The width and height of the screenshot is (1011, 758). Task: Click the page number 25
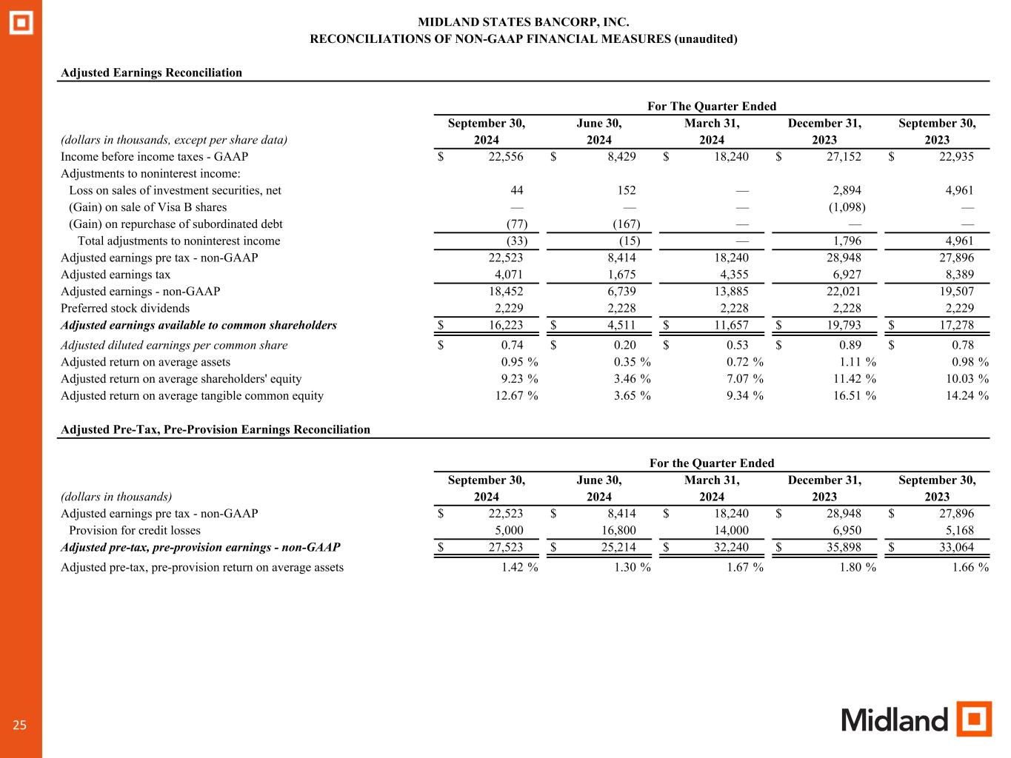pyautogui.click(x=19, y=725)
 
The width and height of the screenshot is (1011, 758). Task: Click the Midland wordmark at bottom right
pyautogui.click(x=894, y=720)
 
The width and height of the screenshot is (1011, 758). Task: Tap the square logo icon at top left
pyautogui.click(x=21, y=23)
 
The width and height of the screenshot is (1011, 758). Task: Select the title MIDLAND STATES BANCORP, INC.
pyautogui.click(x=523, y=23)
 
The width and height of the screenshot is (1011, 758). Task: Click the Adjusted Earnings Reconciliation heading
pyautogui.click(x=151, y=73)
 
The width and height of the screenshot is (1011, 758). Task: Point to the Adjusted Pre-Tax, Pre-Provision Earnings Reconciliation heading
pyautogui.click(x=215, y=429)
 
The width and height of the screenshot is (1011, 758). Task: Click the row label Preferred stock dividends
pyautogui.click(x=125, y=308)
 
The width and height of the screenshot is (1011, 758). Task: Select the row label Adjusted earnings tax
pyautogui.click(x=116, y=275)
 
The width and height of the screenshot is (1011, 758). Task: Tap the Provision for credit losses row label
pyautogui.click(x=134, y=530)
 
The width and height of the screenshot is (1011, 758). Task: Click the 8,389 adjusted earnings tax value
pyautogui.click(x=957, y=275)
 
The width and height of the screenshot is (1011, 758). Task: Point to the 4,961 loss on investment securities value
pyautogui.click(x=957, y=190)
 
